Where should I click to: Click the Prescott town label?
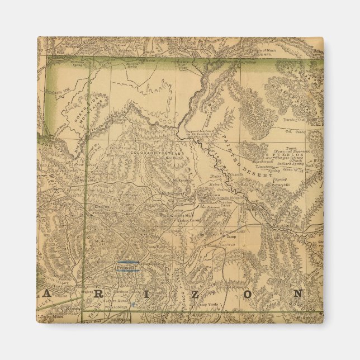(x=125, y=268)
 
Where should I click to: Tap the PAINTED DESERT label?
(x=239, y=154)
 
